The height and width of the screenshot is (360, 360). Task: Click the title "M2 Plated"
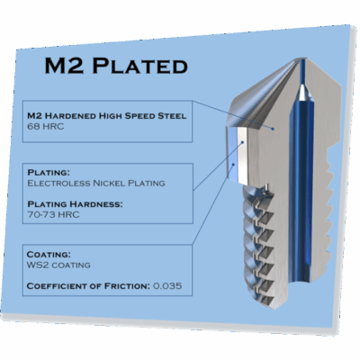(x=116, y=66)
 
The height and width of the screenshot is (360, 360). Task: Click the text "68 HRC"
(x=46, y=126)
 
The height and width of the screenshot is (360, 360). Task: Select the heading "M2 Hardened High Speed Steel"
(x=107, y=116)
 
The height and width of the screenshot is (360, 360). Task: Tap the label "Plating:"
(x=49, y=173)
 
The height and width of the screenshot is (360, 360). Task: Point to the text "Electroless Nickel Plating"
(x=96, y=183)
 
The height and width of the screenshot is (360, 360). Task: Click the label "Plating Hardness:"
(x=75, y=204)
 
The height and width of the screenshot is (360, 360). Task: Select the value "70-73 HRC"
(x=53, y=215)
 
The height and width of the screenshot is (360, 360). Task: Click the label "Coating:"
(x=49, y=255)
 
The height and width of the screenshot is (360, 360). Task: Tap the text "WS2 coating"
(x=58, y=265)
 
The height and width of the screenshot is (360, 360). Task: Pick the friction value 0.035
(x=167, y=285)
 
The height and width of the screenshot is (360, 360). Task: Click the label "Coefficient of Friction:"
(x=88, y=286)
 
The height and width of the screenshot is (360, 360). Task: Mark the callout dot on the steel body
(x=273, y=129)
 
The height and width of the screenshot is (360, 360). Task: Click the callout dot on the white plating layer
(x=243, y=142)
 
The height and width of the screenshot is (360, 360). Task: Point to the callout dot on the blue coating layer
(x=233, y=165)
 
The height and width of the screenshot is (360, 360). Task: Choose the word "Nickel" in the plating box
(x=109, y=183)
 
